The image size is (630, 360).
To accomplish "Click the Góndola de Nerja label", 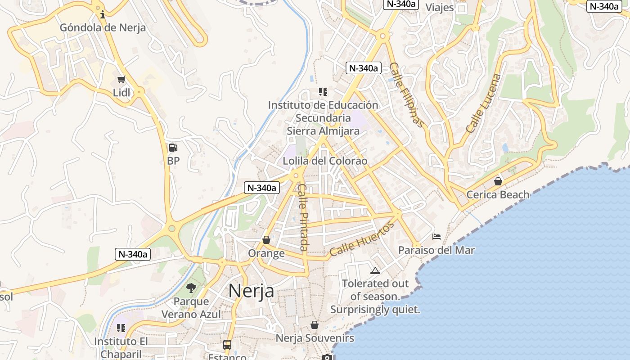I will [103, 27].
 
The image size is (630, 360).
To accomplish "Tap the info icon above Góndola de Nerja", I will [103, 14].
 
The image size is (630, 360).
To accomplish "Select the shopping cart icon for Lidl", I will [121, 80].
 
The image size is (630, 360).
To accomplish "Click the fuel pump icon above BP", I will [173, 147].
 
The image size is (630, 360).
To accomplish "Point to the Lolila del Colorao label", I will [325, 161].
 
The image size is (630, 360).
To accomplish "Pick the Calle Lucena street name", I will [483, 103].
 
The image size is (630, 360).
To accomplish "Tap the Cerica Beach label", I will [498, 195].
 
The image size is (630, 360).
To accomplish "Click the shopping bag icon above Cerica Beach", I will [498, 181].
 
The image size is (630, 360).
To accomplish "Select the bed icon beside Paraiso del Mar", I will [436, 237].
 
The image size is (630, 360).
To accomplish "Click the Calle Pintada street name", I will [304, 217].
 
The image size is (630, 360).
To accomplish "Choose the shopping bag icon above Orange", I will [266, 240].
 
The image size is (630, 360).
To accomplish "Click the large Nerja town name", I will [251, 291].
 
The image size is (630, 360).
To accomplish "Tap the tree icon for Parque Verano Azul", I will [191, 288].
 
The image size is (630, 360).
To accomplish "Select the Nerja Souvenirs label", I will [315, 338].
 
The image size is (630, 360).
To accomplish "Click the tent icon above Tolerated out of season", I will [375, 270].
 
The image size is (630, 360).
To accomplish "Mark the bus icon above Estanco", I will [227, 345].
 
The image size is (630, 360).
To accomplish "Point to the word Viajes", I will [440, 7].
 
